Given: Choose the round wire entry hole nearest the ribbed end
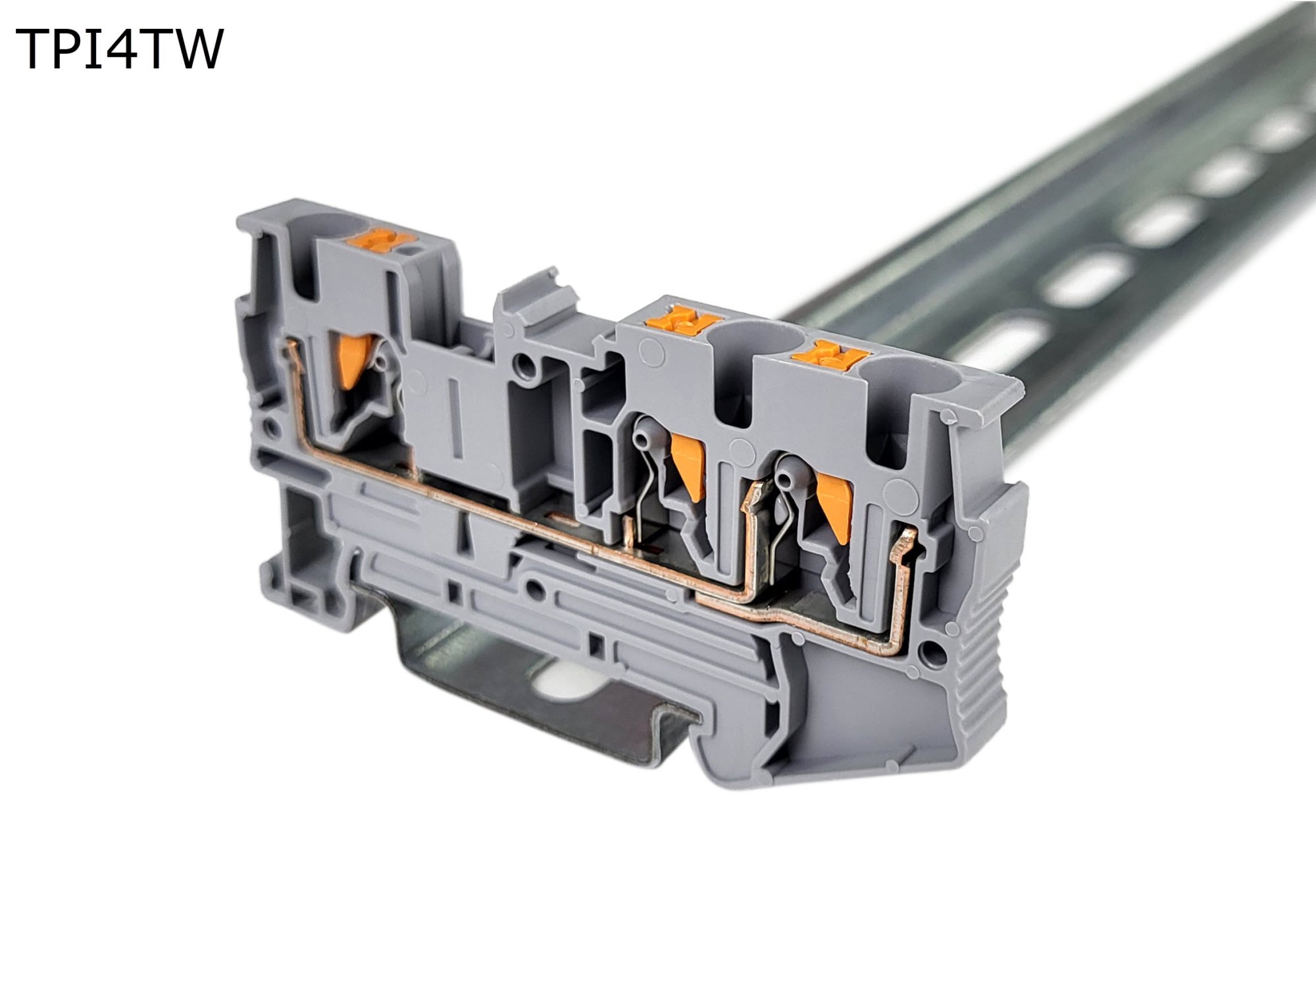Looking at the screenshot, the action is pyautogui.click(x=907, y=381).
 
